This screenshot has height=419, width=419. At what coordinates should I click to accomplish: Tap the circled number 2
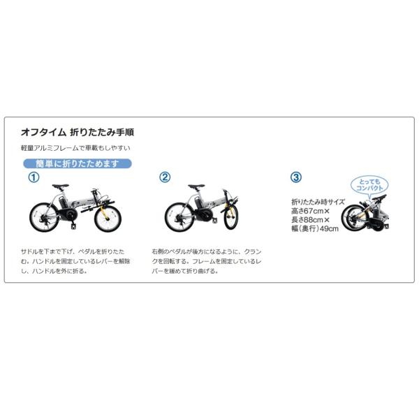(165, 177)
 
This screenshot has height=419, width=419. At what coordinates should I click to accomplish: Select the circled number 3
(296, 177)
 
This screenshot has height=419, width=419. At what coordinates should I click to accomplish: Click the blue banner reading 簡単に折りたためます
(77, 164)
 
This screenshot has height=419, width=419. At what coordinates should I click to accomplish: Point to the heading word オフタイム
(43, 131)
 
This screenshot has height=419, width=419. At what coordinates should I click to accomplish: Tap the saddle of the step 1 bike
(61, 186)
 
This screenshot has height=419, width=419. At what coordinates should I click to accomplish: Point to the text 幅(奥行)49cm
(315, 228)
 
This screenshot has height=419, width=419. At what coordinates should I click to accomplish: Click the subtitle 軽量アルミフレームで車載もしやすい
(76, 148)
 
